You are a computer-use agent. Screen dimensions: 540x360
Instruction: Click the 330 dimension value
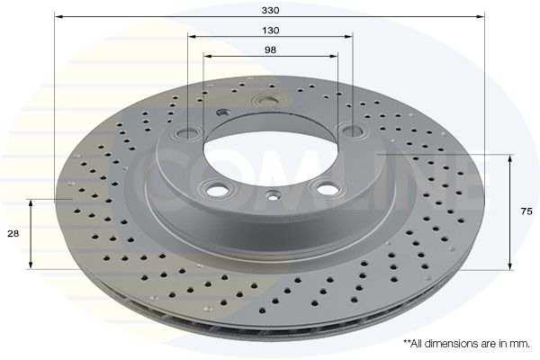[x=270, y=10]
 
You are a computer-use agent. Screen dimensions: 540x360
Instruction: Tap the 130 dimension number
[x=271, y=31]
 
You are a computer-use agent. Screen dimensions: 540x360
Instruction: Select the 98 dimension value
[x=270, y=50]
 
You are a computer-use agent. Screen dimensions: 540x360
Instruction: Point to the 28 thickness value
[x=13, y=234]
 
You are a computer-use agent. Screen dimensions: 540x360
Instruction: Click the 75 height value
[x=526, y=211]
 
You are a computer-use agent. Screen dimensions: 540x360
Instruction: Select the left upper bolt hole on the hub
[x=188, y=131]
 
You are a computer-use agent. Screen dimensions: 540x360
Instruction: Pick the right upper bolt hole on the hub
[x=351, y=130]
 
